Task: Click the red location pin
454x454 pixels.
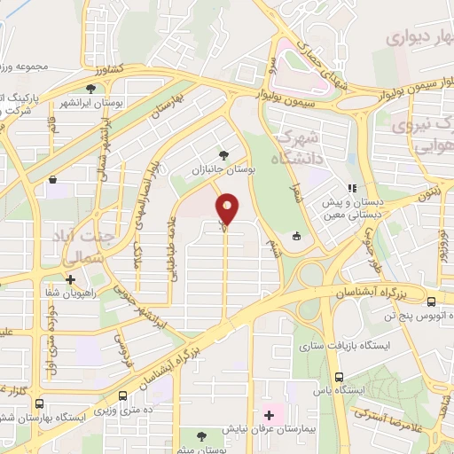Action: click(x=228, y=209)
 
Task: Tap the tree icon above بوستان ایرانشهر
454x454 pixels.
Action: click(x=90, y=88)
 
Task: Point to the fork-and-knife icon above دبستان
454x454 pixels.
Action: click(x=352, y=188)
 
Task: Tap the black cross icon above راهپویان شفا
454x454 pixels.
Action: click(x=69, y=278)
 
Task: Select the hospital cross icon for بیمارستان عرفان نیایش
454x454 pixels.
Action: click(x=269, y=414)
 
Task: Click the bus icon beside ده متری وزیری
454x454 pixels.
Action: click(x=121, y=395)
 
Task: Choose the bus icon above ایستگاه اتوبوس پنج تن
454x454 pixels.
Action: click(x=430, y=301)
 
